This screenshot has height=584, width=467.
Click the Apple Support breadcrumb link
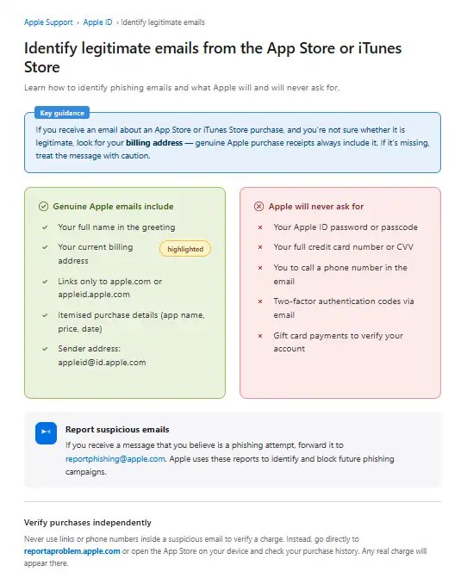pos(47,22)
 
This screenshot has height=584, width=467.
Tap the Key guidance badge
pos(65,113)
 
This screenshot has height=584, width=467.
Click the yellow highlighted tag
pos(185,249)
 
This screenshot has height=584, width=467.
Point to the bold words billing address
pos(154,143)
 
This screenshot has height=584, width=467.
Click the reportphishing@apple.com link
pos(115,459)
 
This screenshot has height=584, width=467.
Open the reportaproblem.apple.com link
pos(72,551)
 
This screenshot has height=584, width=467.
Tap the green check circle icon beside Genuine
pos(43,207)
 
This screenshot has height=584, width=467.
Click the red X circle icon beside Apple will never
pos(259,207)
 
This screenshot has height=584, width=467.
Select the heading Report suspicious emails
pos(117,429)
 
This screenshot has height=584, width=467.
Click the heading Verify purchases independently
pos(87,523)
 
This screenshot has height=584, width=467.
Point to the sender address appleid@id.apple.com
pos(102,363)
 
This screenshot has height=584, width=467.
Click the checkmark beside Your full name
pos(44,227)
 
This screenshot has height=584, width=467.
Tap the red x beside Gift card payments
pos(260,336)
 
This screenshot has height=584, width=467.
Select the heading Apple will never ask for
pos(316,207)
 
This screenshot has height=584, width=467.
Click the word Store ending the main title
pos(43,66)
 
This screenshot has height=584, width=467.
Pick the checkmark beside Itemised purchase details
pos(44,315)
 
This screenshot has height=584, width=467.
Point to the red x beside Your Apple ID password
pos(260,227)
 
